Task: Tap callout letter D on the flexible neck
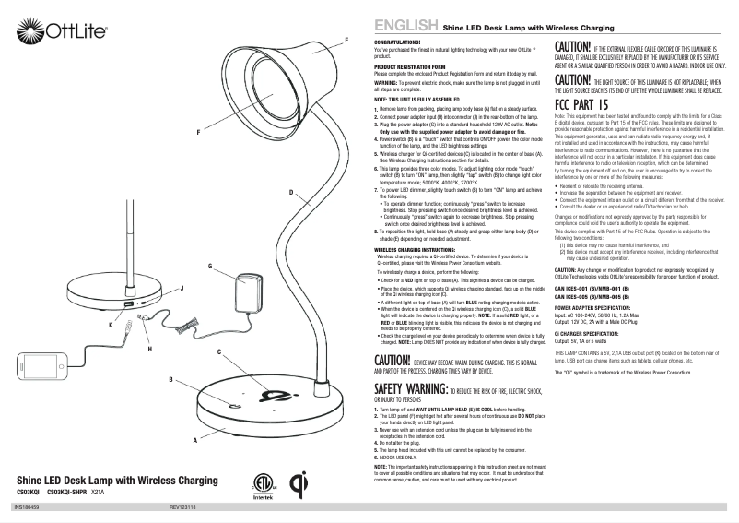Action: [290, 166]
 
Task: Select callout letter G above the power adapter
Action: [210, 266]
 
